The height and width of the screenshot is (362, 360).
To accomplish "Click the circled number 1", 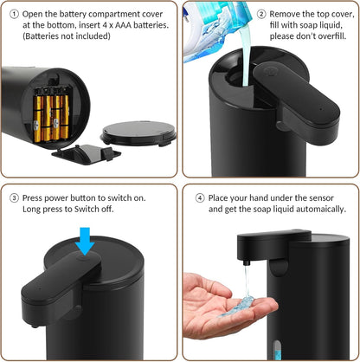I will click(x=14, y=14).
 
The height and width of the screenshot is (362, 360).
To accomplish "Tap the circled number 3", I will click(x=14, y=196).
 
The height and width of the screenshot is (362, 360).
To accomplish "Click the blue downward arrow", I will click(x=84, y=238).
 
